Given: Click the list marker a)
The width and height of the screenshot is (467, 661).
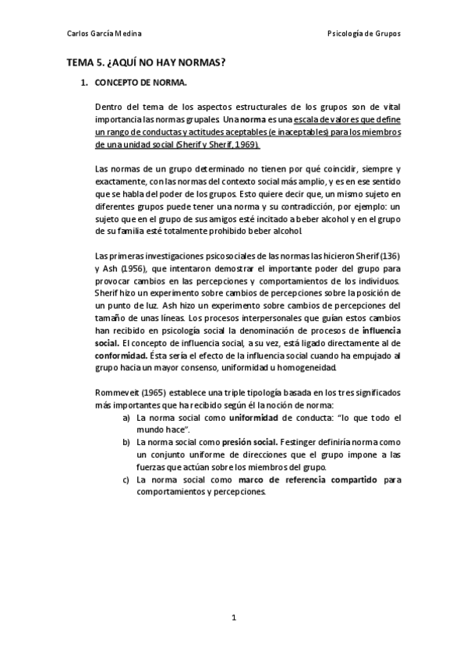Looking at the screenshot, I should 126,419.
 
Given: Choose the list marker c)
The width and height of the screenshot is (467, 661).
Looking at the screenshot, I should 126,480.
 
